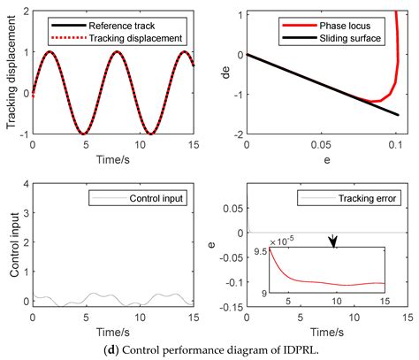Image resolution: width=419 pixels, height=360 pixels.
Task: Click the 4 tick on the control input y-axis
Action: tap(25, 185)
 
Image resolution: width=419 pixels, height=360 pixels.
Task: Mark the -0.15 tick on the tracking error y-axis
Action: tap(231, 308)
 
